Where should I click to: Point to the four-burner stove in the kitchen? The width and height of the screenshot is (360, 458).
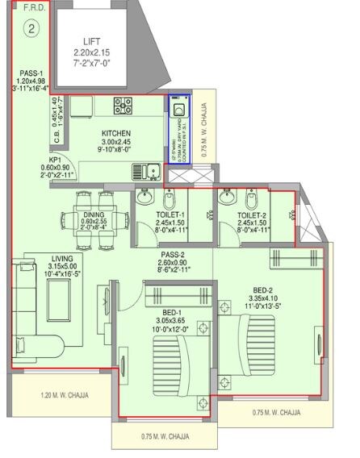(124, 105)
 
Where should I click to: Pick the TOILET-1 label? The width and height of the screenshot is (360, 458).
(171, 215)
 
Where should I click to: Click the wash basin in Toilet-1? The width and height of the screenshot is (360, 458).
(144, 198)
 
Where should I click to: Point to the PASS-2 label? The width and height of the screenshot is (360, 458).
(173, 253)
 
